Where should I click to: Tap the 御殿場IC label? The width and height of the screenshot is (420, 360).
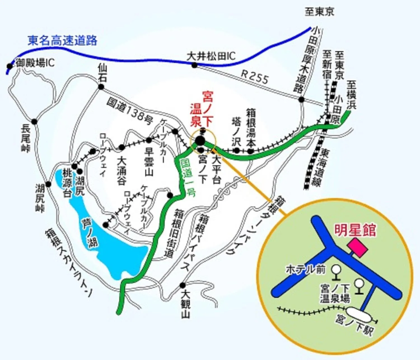click(x=35, y=63)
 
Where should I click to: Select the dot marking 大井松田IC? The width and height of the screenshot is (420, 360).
click(x=195, y=65)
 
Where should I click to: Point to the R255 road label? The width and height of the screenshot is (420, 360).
click(x=255, y=77)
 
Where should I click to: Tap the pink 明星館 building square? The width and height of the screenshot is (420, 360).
click(x=357, y=247)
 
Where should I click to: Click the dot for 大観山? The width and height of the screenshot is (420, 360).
click(x=183, y=285)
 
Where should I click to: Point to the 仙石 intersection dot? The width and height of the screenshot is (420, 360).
click(x=101, y=87)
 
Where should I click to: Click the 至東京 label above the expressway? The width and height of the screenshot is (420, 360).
click(x=319, y=12)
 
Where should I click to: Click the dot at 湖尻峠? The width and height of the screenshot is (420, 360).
click(x=48, y=184)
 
